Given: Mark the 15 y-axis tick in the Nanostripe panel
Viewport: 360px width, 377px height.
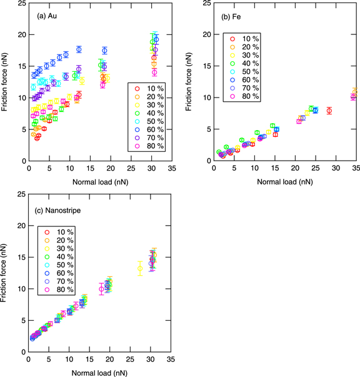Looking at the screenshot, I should tap(22, 257).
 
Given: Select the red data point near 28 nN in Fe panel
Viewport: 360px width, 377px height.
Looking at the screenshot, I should tap(329, 111).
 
